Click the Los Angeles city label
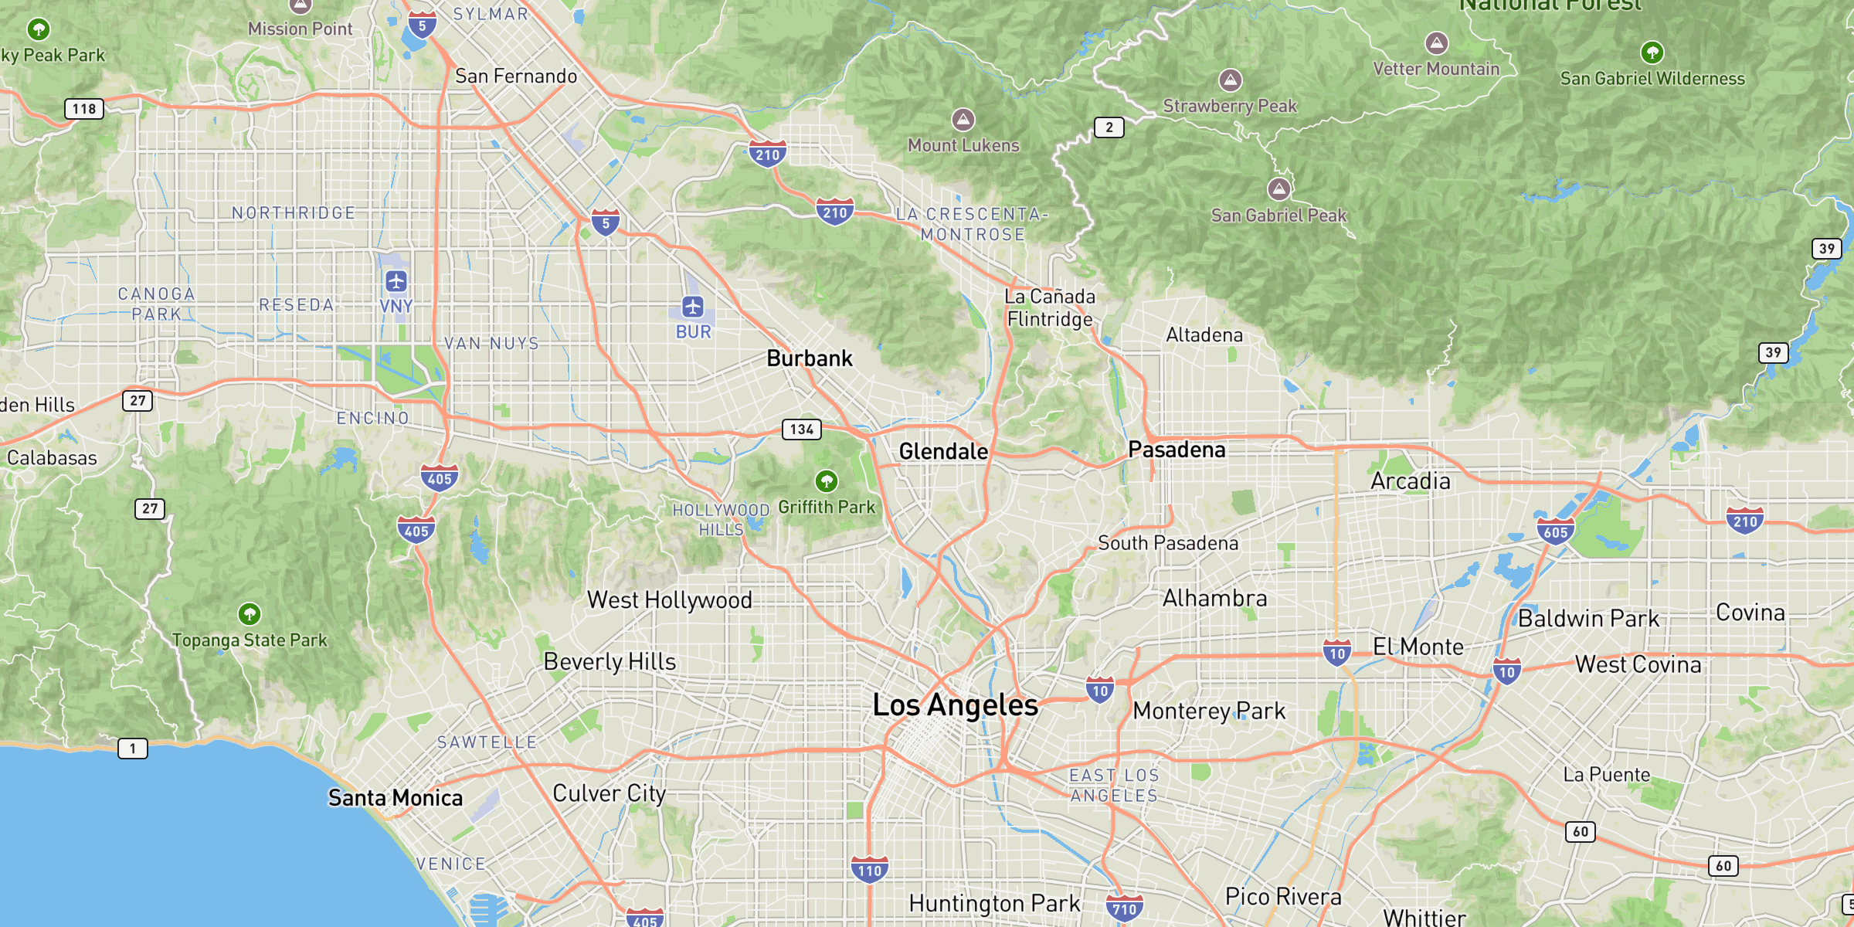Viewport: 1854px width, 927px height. [955, 705]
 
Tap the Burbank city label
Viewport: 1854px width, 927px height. [810, 358]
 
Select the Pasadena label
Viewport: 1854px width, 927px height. [1177, 450]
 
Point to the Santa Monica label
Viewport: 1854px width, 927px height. [396, 798]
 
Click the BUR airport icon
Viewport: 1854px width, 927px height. [693, 307]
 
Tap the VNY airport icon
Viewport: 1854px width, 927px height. [396, 281]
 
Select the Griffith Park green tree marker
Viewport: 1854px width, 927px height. [827, 481]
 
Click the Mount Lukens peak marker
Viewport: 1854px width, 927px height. [963, 120]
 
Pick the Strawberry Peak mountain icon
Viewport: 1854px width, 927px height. [1231, 80]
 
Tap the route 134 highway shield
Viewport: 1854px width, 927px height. [802, 430]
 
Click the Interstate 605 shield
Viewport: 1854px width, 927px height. [1556, 531]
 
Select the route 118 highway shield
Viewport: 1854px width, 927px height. [84, 109]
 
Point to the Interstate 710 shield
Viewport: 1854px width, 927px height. [1124, 908]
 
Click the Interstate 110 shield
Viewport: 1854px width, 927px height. [870, 870]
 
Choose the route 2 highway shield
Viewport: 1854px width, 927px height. [1109, 127]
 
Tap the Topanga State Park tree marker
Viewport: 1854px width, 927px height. [250, 614]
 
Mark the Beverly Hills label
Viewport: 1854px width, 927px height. [610, 662]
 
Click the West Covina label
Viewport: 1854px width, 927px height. [1638, 664]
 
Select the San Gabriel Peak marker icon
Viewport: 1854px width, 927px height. [1279, 188]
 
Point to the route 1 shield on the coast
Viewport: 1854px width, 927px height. [133, 748]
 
